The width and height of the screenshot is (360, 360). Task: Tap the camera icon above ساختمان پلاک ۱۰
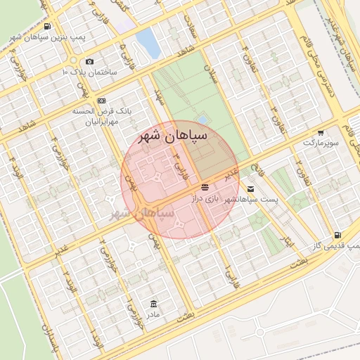pos(89,62)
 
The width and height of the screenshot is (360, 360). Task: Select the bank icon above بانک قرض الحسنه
pos(102,101)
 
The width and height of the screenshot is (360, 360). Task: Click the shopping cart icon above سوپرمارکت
pos(321,132)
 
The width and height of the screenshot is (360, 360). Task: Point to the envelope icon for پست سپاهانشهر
pos(251,188)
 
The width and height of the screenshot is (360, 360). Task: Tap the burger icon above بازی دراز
pos(205,188)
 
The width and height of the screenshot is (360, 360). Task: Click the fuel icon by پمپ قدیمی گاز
pos(339,235)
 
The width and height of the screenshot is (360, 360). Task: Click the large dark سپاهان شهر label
pos(172,135)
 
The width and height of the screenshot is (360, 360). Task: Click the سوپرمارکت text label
pos(321,143)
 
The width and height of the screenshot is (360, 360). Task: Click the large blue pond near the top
pos(148,42)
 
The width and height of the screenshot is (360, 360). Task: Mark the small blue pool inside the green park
pos(202,120)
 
